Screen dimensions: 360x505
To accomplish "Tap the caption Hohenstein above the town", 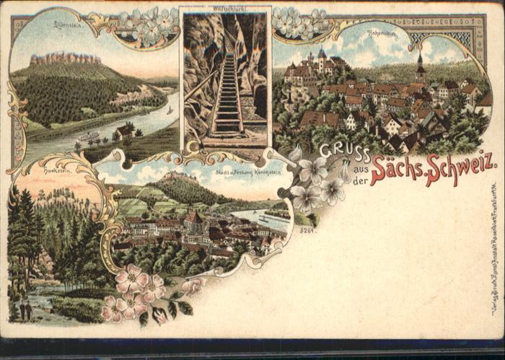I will pos(381,32).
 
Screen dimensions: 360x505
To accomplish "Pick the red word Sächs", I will pos(395,170).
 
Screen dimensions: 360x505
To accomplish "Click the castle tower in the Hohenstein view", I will pos(321,56).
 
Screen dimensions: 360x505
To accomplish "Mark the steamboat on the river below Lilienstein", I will pos(88,136).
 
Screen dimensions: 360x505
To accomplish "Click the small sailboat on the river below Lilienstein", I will pos(170,110).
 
